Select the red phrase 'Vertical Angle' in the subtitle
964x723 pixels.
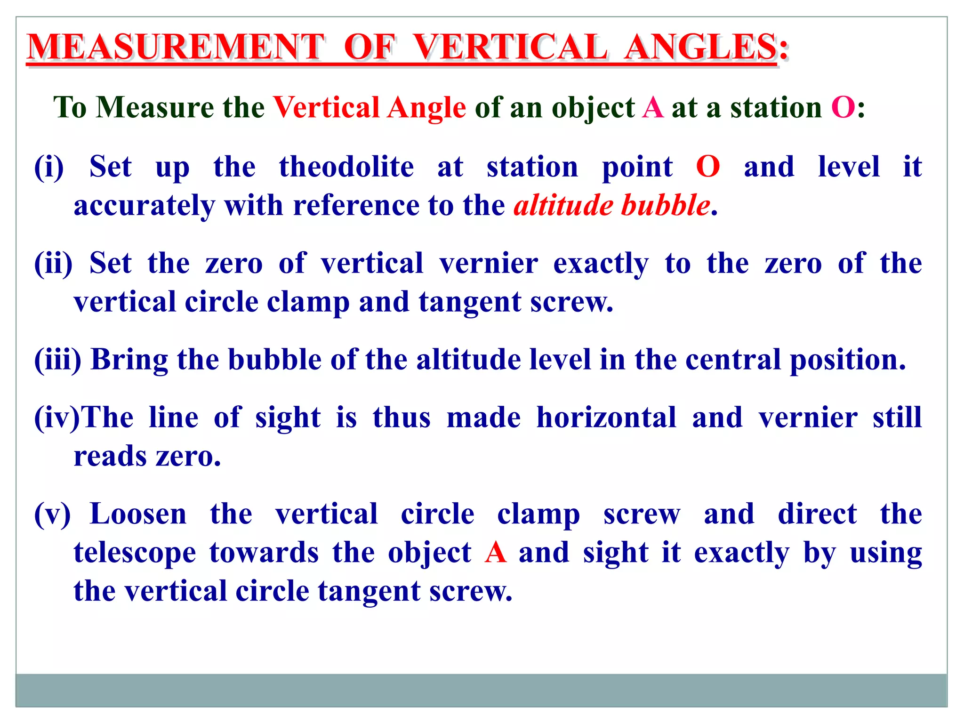click(370, 107)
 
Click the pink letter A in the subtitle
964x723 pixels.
click(653, 107)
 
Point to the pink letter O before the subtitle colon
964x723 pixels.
click(843, 107)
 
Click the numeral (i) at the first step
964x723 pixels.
click(49, 167)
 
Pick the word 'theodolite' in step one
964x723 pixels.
click(346, 167)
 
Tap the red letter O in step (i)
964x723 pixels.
click(708, 167)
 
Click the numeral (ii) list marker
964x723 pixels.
click(53, 263)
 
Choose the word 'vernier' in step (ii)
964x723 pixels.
click(489, 263)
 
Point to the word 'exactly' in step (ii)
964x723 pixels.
click(601, 264)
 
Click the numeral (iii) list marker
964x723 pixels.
click(57, 360)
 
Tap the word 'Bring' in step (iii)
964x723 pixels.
click(129, 361)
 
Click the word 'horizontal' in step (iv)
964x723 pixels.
click(606, 418)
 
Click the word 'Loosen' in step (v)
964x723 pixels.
click(138, 514)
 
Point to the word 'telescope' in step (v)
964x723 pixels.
click(135, 553)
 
